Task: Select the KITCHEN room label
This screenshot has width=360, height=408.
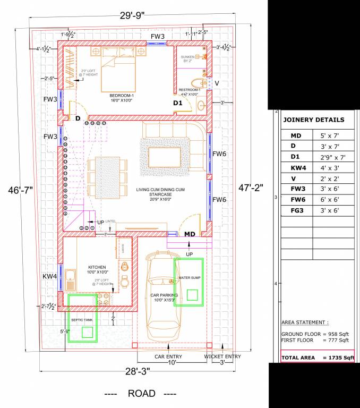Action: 97,267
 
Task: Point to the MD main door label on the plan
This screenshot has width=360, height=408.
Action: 190,234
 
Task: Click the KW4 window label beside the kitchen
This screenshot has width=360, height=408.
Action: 50,276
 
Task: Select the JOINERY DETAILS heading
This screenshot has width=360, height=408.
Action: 313,120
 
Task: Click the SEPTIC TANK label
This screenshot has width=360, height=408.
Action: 82,320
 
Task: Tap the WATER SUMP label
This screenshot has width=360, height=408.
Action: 188,278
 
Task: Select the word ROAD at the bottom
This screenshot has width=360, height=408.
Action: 142,394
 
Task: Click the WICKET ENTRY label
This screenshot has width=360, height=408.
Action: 223,356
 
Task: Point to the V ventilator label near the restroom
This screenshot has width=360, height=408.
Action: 216,83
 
